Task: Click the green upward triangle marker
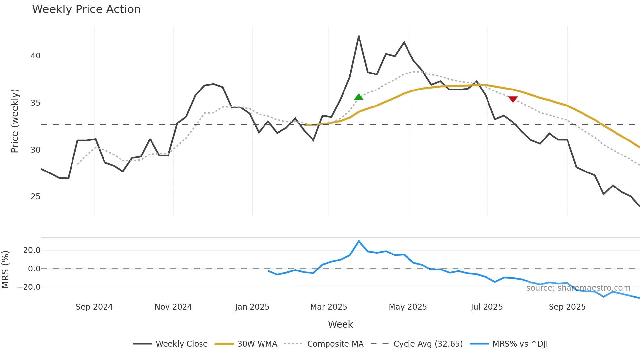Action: click(x=359, y=97)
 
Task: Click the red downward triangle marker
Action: click(x=513, y=99)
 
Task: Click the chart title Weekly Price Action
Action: click(x=86, y=9)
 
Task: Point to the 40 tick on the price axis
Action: click(x=35, y=56)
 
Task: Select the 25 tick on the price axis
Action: click(x=35, y=197)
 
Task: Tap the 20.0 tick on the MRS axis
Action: click(x=32, y=250)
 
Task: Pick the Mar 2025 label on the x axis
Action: click(x=328, y=307)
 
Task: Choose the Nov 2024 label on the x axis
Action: click(x=173, y=307)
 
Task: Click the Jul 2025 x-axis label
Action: click(x=487, y=307)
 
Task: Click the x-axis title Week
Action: click(x=340, y=324)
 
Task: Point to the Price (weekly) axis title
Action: click(x=15, y=121)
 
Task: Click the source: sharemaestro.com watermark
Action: click(x=578, y=288)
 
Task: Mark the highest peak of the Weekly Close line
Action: click(x=359, y=36)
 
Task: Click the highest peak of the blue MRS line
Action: click(x=359, y=241)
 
